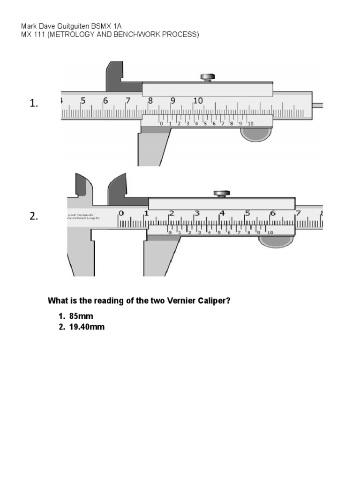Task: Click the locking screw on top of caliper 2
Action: coord(221,193)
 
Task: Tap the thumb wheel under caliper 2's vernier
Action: coord(276,241)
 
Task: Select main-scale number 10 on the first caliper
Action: coord(198,100)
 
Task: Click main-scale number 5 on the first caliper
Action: coord(83,100)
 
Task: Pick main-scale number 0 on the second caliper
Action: coord(121,213)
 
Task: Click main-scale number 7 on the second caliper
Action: coord(298,213)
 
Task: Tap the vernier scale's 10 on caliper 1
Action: coord(250,124)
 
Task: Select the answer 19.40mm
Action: coord(87,327)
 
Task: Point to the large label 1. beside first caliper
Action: coord(33,104)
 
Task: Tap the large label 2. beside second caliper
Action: coord(33,216)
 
